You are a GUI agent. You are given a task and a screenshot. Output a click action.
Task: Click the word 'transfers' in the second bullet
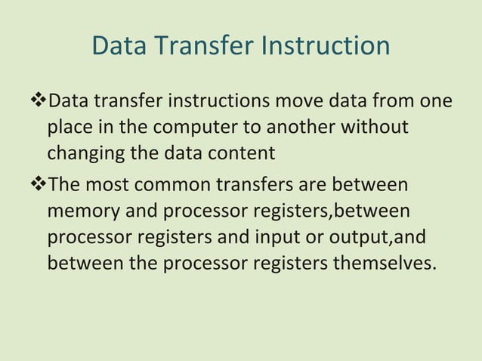click(257, 184)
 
